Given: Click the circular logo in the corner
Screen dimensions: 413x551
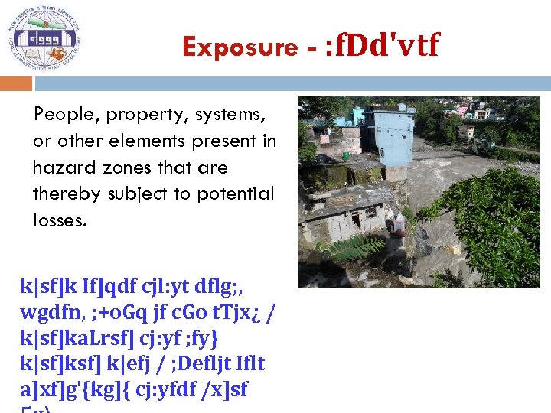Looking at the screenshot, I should point(44,38).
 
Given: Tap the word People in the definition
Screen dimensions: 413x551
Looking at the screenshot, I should point(67,115).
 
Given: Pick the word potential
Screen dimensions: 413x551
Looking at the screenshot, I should point(233,194).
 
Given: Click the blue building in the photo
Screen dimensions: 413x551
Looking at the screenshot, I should point(390,138).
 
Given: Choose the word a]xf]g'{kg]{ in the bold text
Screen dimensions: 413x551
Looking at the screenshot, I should point(73,389).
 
